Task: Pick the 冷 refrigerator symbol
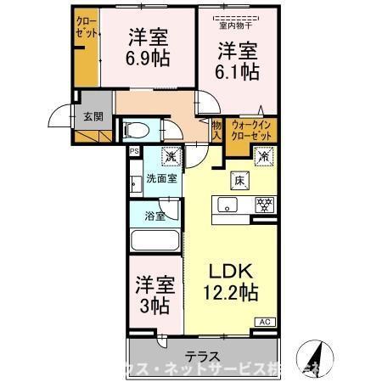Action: (263, 157)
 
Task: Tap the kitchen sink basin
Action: (228, 205)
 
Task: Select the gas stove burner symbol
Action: (264, 205)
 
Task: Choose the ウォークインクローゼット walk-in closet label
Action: (250, 130)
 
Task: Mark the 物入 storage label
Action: (216, 129)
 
